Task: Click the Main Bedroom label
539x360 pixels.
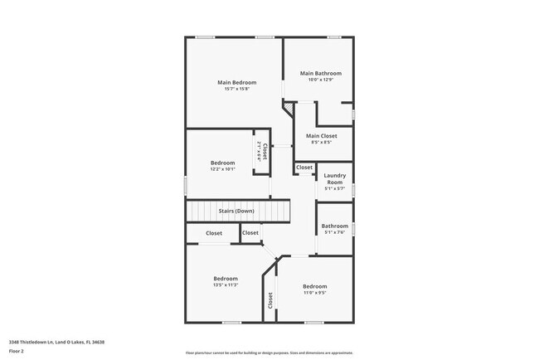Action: click(x=236, y=82)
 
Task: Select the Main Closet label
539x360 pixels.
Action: click(x=321, y=136)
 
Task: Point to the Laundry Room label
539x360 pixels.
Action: click(x=335, y=178)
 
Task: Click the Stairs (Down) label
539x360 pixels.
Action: click(x=236, y=211)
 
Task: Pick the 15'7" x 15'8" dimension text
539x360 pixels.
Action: click(x=236, y=89)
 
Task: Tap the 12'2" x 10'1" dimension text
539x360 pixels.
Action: click(x=222, y=169)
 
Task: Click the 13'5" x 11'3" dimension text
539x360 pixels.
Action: click(x=226, y=285)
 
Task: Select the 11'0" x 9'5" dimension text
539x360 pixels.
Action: click(x=314, y=293)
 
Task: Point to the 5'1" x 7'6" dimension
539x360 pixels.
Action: click(x=335, y=232)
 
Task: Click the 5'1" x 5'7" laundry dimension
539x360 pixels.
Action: click(x=335, y=188)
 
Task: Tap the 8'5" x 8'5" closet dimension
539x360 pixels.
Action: click(x=321, y=143)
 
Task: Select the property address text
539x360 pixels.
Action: click(x=57, y=342)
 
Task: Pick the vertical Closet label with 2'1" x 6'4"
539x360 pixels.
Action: click(x=262, y=150)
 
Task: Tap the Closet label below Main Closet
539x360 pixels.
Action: click(x=304, y=168)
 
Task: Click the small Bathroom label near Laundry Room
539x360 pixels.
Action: click(x=335, y=226)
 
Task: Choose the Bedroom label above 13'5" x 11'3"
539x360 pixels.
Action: click(x=226, y=279)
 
